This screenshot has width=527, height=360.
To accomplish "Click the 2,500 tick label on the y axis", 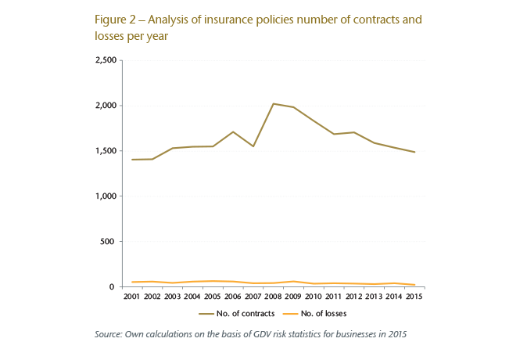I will point(105,60).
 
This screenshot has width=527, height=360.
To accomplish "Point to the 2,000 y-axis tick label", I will point(105,106).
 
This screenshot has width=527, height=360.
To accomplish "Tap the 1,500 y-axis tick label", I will point(105,151).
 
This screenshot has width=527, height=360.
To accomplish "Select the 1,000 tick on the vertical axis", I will point(105,196).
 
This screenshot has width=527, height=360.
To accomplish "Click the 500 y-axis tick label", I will point(109,242).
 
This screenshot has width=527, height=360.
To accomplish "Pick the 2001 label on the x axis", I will point(131,297).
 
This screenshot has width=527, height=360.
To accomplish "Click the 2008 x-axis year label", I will point(273,297).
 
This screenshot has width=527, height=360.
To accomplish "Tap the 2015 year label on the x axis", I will point(414,297).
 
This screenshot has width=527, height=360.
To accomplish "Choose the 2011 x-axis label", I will point(334,297).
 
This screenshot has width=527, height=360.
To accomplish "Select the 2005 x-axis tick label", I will point(213,297).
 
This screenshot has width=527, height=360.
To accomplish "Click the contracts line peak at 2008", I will point(273,103).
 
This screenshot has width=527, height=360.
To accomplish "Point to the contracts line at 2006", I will point(232,131).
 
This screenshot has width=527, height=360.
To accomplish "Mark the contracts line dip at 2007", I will point(253,146).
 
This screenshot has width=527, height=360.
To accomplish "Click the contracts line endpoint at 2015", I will point(414,152).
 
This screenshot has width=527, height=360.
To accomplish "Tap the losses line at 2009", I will point(293,281).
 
